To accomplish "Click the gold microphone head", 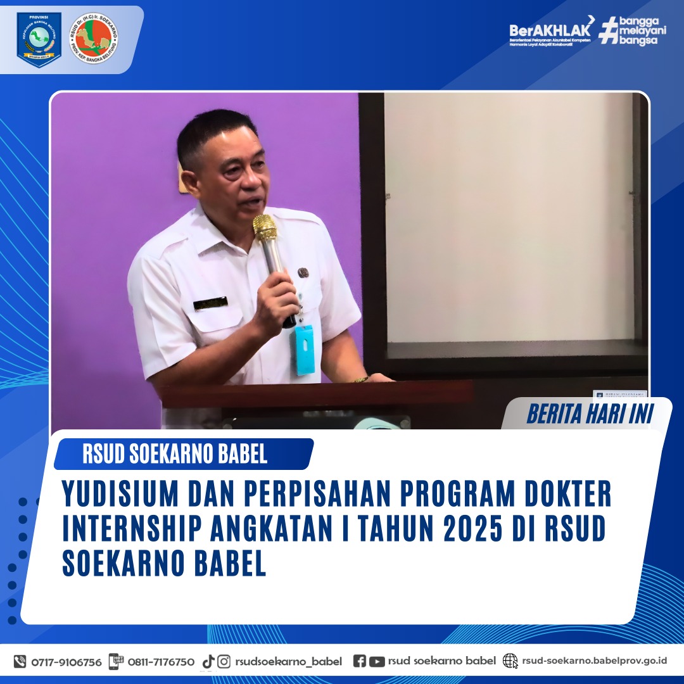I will click(x=265, y=227).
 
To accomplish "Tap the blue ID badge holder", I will click(x=303, y=349).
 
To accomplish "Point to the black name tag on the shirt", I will click(x=210, y=303).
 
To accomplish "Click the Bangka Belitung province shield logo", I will click(x=39, y=39).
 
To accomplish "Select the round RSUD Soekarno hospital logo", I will click(x=94, y=39).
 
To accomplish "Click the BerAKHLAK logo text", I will click(x=550, y=30).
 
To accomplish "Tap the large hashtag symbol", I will click(x=609, y=30).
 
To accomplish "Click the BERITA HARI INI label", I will click(x=590, y=415).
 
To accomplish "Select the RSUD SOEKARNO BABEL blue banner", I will click(x=183, y=453).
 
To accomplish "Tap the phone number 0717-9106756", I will click(x=66, y=662).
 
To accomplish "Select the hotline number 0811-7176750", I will click(x=161, y=662).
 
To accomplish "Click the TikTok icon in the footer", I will click(x=208, y=662).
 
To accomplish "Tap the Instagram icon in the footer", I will click(x=224, y=662).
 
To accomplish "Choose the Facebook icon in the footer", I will click(x=359, y=661).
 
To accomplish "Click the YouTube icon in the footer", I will click(x=377, y=661).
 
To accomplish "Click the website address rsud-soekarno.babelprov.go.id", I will click(x=594, y=661).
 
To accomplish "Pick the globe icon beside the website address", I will click(x=510, y=661).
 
